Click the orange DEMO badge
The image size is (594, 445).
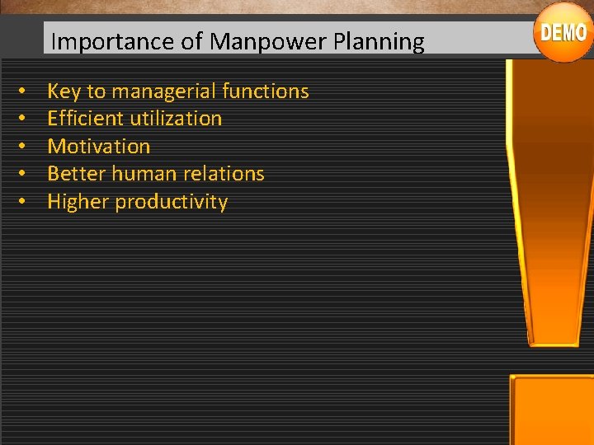point(563,33)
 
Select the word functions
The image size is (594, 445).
point(265,91)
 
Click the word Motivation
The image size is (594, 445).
point(99,147)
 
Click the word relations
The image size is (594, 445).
point(225,174)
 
